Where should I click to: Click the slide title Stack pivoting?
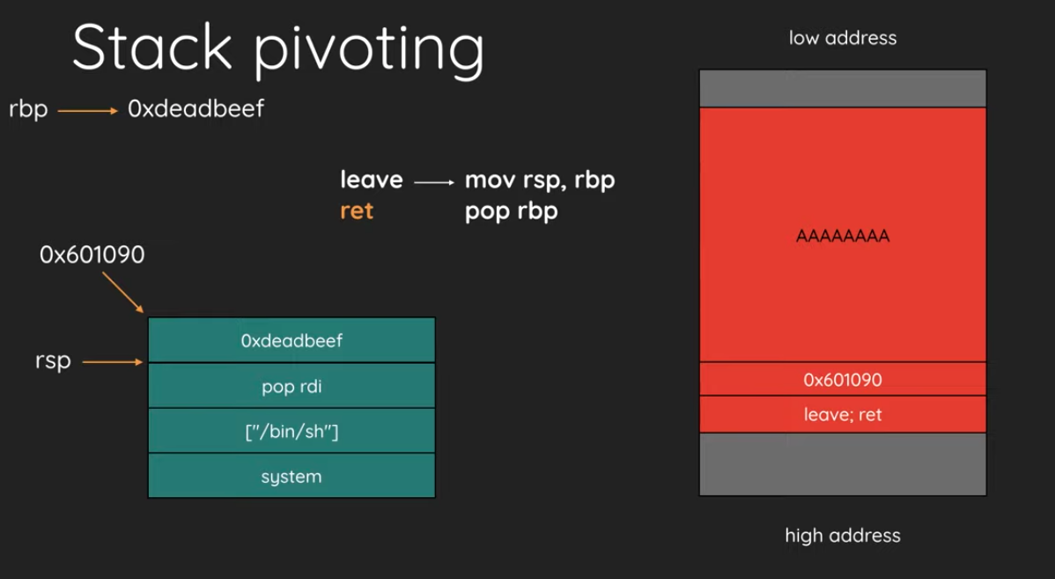click(278, 49)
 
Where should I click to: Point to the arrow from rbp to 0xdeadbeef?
click(87, 110)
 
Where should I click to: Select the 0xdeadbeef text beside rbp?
click(196, 108)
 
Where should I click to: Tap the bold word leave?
click(372, 180)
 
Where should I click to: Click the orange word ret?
click(357, 211)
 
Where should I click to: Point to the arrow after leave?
click(434, 182)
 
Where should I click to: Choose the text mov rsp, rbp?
click(540, 181)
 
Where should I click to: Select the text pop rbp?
click(512, 212)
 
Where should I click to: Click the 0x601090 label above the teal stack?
click(92, 255)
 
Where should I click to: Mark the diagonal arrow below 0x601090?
click(123, 293)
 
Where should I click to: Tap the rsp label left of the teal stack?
click(53, 361)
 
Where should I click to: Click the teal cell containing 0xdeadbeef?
click(291, 340)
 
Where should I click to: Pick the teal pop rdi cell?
click(291, 386)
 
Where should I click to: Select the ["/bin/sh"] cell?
click(291, 431)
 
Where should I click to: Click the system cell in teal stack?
click(291, 476)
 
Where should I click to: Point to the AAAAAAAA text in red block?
click(843, 235)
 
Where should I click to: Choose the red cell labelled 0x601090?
click(843, 379)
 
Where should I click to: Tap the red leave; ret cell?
click(843, 414)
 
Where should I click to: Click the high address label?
click(843, 536)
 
